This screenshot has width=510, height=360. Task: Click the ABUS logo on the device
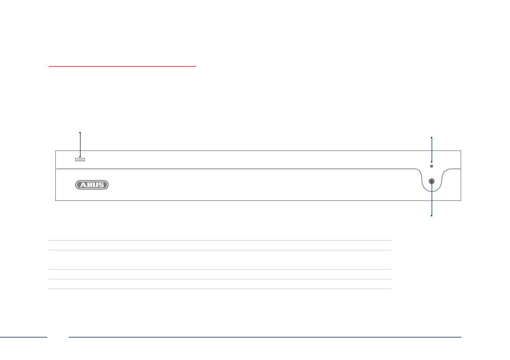(91, 185)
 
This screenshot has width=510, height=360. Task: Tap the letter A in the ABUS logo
(81, 185)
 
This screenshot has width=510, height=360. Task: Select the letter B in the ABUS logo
(88, 185)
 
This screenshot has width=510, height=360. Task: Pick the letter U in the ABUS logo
(94, 185)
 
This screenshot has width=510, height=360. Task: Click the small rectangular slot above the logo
(80, 159)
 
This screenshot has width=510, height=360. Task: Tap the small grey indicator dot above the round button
(432, 167)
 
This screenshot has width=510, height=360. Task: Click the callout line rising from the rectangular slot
(80, 145)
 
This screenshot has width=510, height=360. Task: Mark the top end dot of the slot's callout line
(80, 132)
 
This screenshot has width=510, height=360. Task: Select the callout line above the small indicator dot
(432, 149)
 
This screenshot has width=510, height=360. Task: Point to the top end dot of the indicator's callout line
(432, 138)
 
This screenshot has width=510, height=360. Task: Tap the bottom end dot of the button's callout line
(432, 215)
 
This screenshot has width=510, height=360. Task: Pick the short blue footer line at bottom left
(24, 337)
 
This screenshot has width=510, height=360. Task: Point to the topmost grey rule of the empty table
(220, 240)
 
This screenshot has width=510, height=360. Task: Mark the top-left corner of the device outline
(56, 151)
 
